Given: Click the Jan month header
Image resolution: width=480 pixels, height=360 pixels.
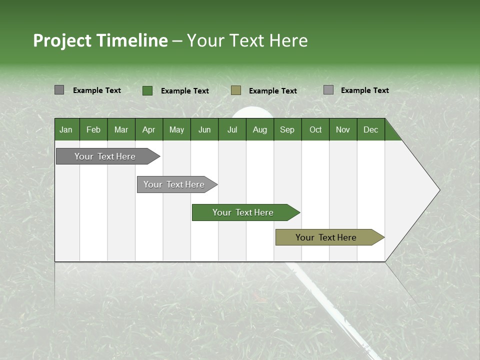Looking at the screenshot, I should [66, 129].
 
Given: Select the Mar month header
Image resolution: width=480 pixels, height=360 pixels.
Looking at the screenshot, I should [121, 129].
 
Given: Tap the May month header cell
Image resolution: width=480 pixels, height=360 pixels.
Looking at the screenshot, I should [176, 129].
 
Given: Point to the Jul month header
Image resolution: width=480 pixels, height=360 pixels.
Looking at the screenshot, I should [232, 129].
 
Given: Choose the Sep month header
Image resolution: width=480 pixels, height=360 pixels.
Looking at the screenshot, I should [287, 129].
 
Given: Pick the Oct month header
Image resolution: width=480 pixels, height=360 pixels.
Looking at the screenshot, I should [315, 129].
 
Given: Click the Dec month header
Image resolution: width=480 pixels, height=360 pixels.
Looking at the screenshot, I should [370, 129].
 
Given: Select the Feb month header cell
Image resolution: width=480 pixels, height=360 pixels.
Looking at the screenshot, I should [93, 129].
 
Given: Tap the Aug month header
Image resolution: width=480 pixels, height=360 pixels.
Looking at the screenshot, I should [259, 129].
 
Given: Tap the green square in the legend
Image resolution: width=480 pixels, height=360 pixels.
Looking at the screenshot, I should [147, 90].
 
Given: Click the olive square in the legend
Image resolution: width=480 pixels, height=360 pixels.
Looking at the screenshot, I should [236, 90].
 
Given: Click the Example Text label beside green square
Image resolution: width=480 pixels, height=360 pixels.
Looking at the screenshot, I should [185, 91].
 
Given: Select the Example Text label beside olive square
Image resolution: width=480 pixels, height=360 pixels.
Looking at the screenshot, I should [273, 91].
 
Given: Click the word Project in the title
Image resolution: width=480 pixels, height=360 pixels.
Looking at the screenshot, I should [62, 40].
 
